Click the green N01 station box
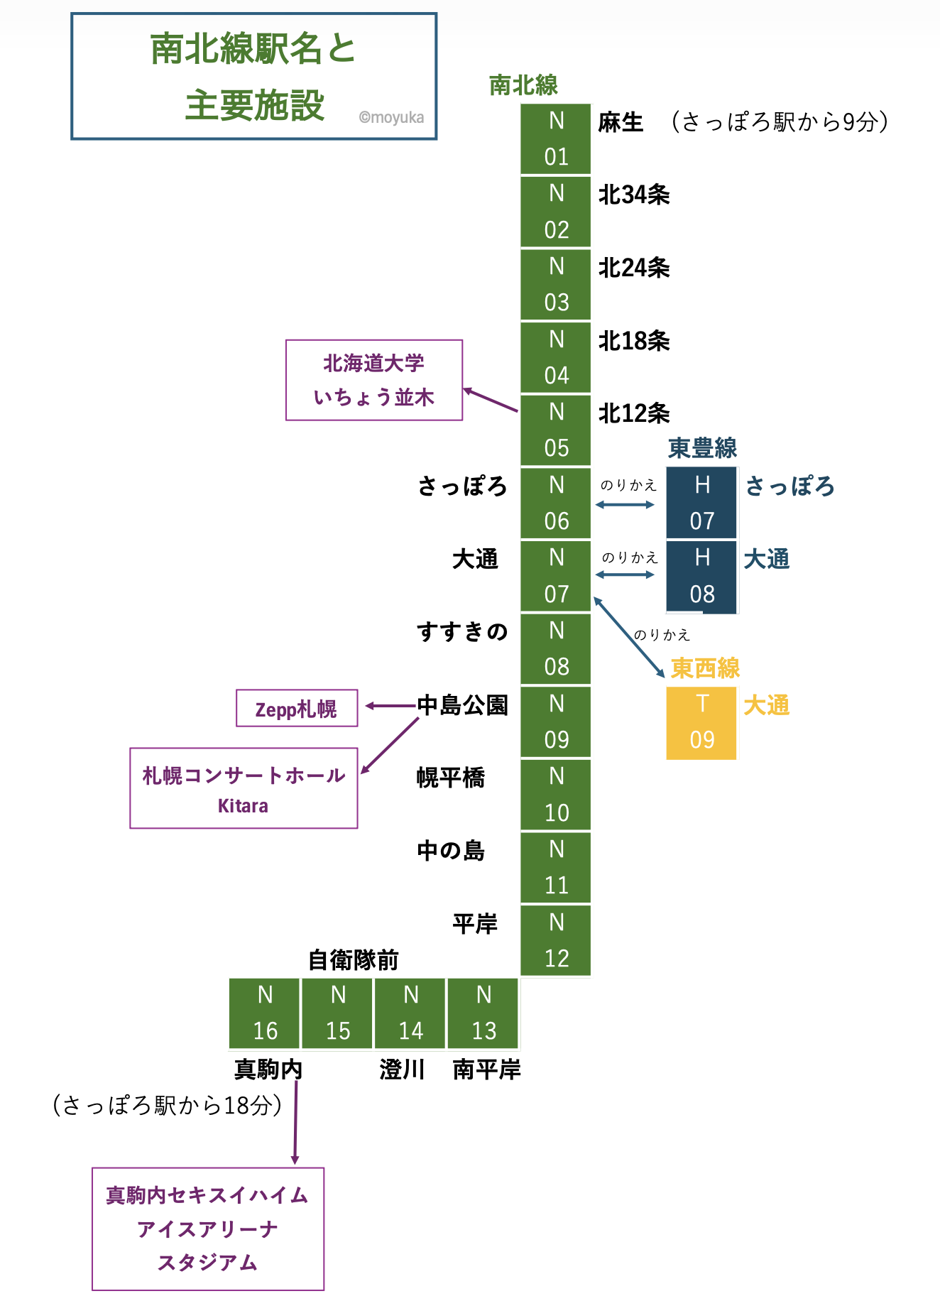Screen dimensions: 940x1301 click(556, 139)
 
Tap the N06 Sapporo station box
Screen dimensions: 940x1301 click(556, 503)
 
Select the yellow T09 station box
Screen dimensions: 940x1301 click(701, 723)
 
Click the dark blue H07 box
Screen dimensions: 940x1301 click(701, 503)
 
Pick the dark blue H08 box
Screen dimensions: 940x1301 click(701, 576)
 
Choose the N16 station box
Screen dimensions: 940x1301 click(265, 1013)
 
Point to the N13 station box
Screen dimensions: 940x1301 click(483, 1013)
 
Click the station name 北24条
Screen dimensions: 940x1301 click(634, 268)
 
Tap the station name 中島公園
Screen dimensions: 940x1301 click(462, 705)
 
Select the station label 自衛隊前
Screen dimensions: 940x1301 click(354, 960)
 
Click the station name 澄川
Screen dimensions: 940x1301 click(402, 1069)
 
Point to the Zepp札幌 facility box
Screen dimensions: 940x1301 click(297, 708)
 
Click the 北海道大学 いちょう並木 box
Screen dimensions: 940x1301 click(374, 380)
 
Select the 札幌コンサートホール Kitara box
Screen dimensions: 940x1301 click(244, 788)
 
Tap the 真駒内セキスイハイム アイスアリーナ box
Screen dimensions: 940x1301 click(208, 1229)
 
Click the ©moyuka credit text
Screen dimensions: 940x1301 click(391, 118)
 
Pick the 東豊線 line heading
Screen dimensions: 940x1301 click(703, 448)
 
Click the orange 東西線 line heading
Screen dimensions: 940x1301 click(705, 668)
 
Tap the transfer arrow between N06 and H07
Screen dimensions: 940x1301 click(625, 505)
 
